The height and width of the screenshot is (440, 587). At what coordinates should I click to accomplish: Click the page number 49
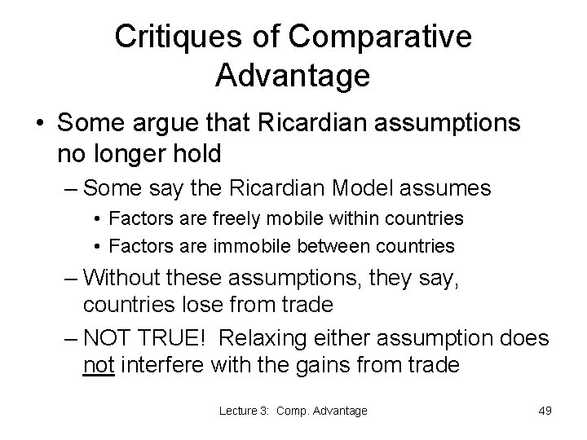pos(545,411)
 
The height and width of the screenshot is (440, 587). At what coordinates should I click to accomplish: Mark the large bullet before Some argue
pos(39,123)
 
